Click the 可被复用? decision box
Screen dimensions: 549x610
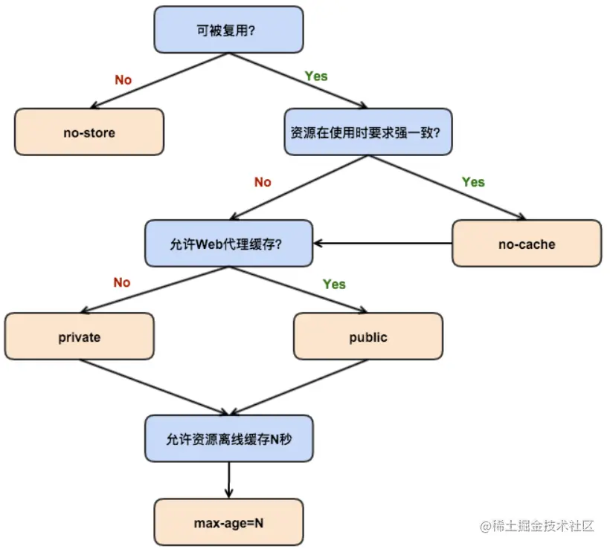228,30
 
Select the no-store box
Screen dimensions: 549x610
89,132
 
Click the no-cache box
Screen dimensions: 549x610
526,244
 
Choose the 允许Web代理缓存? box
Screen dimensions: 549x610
228,244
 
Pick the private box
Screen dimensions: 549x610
79,337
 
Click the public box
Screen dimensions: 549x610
368,337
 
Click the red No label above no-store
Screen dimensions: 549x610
123,79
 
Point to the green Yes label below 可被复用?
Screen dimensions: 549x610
315,76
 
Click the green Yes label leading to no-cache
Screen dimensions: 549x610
472,182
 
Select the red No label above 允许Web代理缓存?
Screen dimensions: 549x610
263,182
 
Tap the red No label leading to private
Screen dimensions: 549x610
121,282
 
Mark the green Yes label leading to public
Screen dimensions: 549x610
334,284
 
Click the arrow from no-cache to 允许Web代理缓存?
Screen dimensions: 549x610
383,243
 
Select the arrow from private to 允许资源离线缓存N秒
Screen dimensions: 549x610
152,386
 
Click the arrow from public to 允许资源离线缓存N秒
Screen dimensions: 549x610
298,386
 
